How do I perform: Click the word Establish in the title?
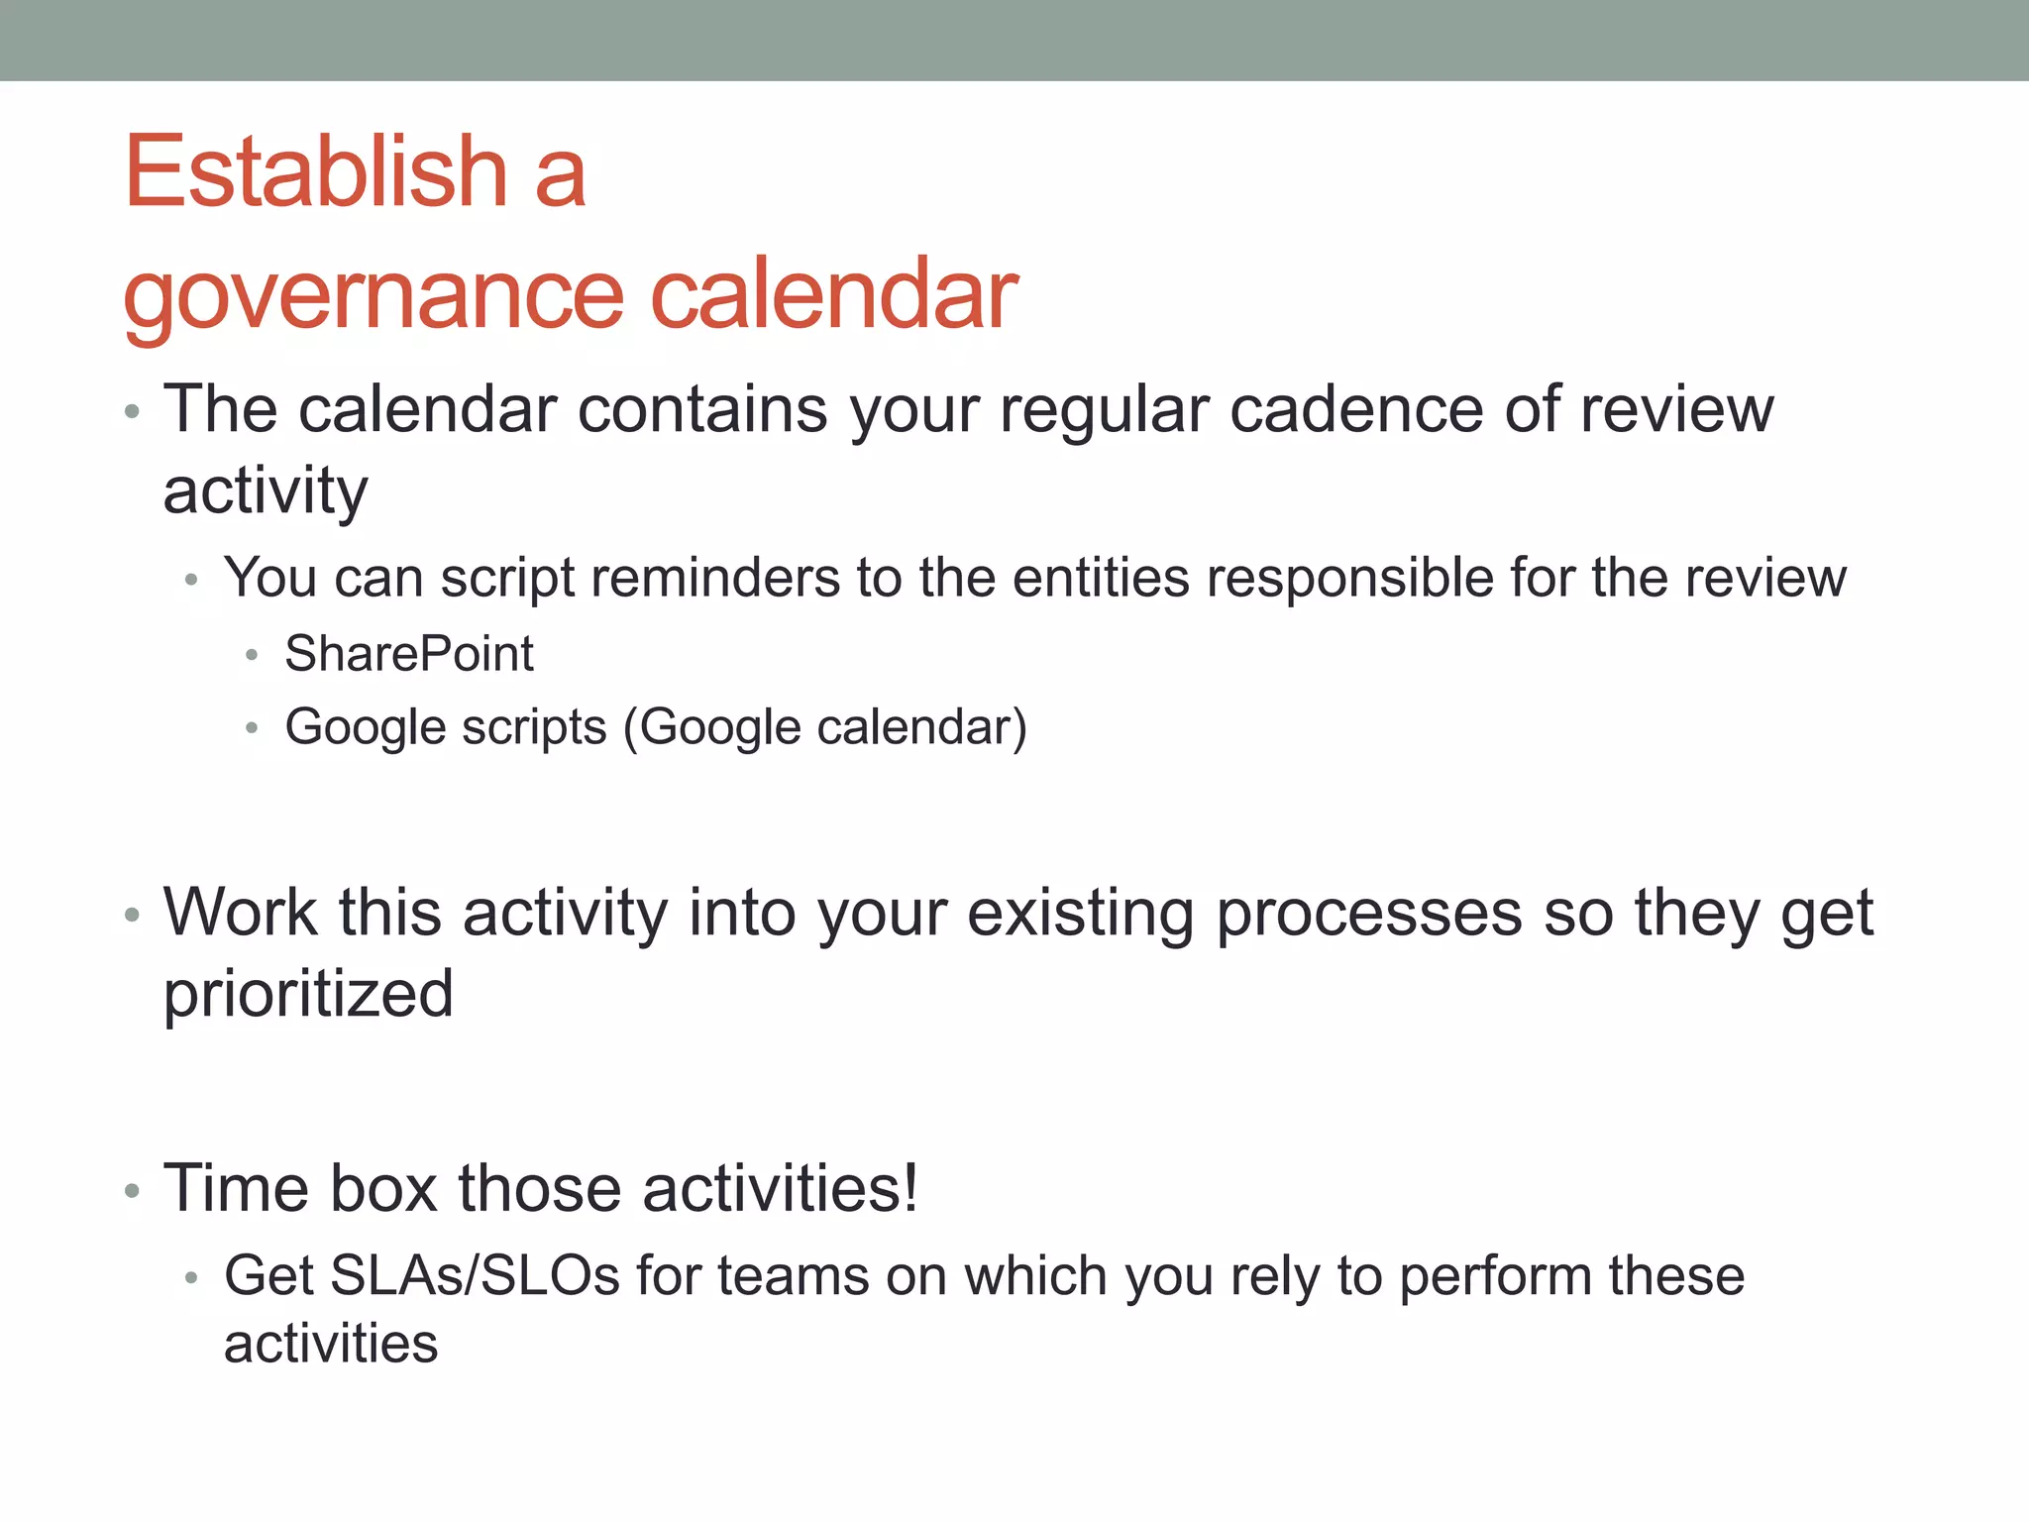316,172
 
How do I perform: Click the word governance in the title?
373,295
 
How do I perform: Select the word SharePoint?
409,654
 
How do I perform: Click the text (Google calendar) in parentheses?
825,727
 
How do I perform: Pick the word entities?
1100,578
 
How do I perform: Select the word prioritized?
308,994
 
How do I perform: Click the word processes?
1368,914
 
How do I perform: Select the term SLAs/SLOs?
476,1276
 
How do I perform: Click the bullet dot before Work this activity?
132,916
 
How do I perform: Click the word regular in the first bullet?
1105,411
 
